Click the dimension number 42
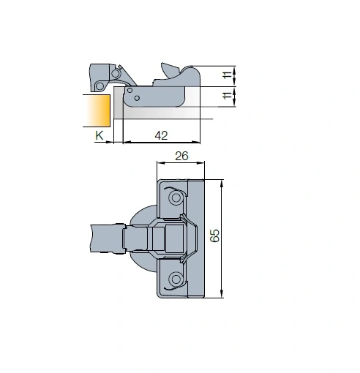(x=161, y=135)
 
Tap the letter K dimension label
(x=100, y=135)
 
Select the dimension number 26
(x=181, y=156)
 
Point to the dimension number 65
(x=214, y=236)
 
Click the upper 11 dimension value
(x=228, y=75)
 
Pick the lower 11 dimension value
(x=228, y=95)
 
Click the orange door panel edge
(x=97, y=110)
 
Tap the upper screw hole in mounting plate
(x=176, y=197)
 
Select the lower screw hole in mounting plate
(x=176, y=279)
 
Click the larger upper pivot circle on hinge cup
(x=116, y=73)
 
